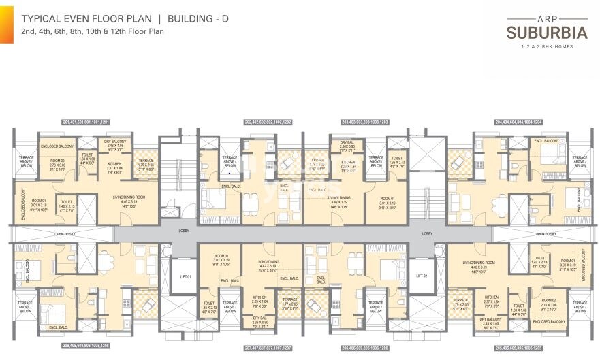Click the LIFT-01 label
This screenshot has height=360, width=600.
pyautogui.click(x=185, y=276)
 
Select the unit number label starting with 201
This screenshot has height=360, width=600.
pyautogui.click(x=86, y=122)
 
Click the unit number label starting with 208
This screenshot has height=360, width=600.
pyautogui.click(x=86, y=346)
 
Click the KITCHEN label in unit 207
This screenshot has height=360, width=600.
pyautogui.click(x=259, y=297)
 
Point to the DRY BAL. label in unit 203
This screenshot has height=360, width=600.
pyautogui.click(x=347, y=142)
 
